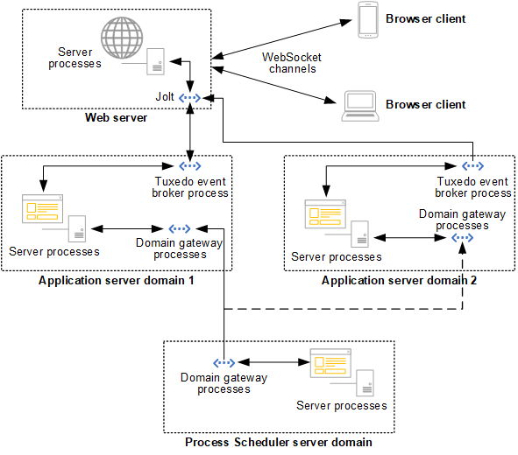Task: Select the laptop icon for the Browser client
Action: (362, 104)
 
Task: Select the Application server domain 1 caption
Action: (116, 280)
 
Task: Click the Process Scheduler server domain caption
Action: (279, 442)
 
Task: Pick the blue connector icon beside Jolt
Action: (190, 98)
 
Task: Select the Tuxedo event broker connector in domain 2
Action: (472, 165)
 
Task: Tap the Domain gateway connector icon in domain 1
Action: (180, 228)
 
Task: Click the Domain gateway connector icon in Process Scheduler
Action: (224, 362)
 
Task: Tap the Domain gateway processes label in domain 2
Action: (453, 220)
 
